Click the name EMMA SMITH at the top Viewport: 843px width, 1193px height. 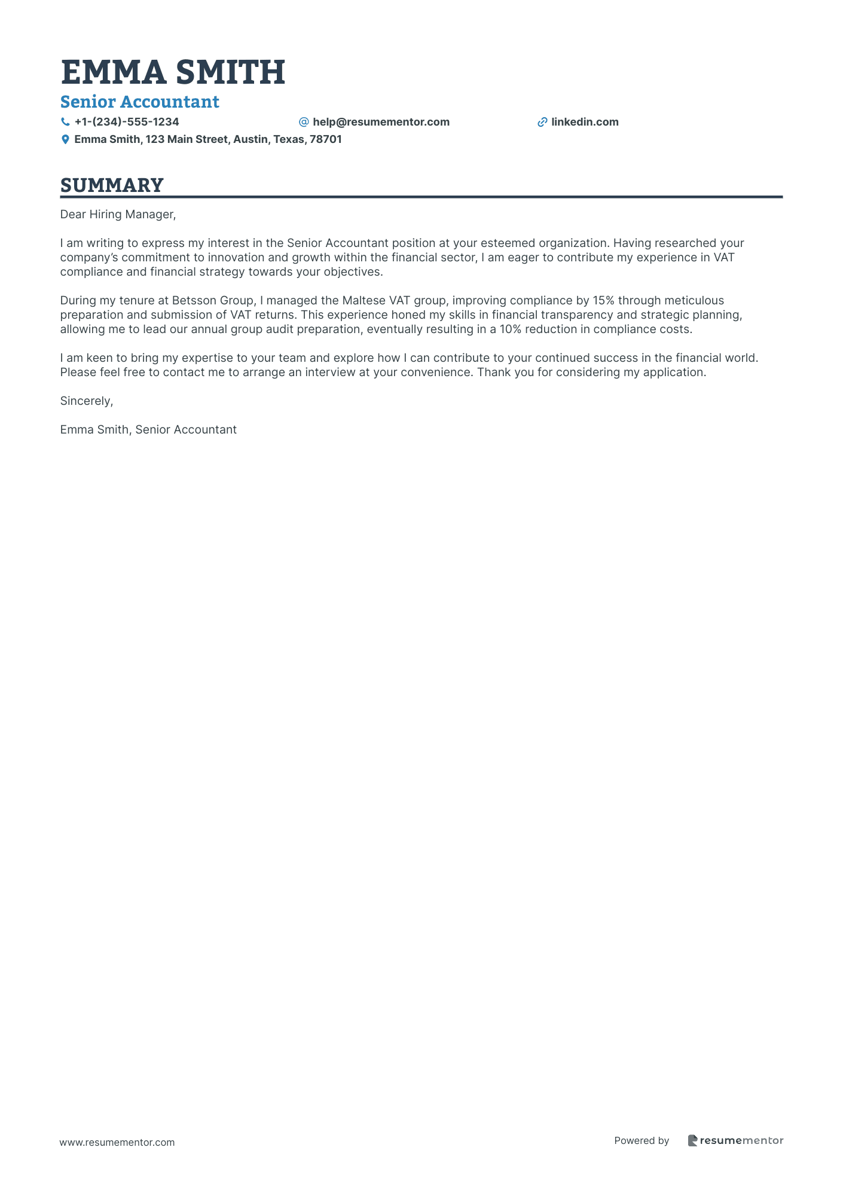point(173,72)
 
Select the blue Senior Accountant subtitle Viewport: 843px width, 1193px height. point(139,102)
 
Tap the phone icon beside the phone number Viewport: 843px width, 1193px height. point(65,122)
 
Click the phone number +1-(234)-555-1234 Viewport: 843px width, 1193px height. point(127,122)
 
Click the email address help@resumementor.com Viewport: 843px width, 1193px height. point(381,122)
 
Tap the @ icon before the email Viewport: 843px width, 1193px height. point(304,122)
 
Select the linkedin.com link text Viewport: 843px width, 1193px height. point(585,122)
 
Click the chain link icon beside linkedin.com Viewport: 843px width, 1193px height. point(542,122)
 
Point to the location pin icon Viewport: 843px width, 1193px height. point(65,139)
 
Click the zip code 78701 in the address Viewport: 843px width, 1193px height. point(325,139)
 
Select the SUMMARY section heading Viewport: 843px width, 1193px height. point(112,185)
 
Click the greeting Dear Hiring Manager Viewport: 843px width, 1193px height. point(118,214)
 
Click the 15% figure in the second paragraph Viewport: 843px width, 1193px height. point(603,300)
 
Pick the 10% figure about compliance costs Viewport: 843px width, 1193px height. point(511,329)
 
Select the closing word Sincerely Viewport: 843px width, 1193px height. point(87,401)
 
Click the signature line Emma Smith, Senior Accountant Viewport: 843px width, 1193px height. point(148,429)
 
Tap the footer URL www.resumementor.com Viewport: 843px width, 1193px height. point(117,1142)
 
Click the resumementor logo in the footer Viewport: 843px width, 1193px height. point(735,1140)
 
